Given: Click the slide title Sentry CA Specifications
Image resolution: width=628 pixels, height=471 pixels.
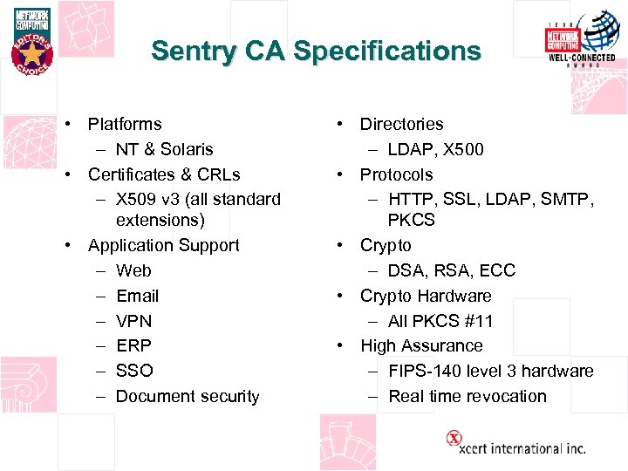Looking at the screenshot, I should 316,51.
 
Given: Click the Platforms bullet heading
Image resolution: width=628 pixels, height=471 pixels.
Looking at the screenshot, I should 125,124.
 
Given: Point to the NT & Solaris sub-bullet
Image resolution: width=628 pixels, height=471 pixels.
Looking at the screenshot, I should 164,149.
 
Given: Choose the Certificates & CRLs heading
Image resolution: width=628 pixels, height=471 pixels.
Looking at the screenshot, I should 164,174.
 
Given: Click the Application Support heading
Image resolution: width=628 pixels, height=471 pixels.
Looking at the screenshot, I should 163,245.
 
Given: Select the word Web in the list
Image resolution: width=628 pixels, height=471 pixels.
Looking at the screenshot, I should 133,270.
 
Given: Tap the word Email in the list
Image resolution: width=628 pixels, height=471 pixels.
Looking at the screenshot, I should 137,296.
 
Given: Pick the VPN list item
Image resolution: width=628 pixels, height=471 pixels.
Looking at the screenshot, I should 133,321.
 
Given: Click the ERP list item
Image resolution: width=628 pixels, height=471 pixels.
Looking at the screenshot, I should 133,345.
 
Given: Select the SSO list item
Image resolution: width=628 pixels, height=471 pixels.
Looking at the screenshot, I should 133,371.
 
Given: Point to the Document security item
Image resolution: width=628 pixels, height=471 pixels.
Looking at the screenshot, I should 188,396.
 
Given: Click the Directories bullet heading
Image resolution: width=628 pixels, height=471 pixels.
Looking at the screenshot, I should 401,124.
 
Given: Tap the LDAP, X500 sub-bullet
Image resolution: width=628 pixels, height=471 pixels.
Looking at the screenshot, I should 436,149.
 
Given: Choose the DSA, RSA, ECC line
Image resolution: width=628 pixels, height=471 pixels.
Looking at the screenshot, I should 452,270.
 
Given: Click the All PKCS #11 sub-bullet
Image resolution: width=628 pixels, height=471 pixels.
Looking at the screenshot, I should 440,321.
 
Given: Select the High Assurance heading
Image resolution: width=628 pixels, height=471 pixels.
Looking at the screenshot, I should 421,345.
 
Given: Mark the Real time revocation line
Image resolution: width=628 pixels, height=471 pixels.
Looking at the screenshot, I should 468,396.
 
